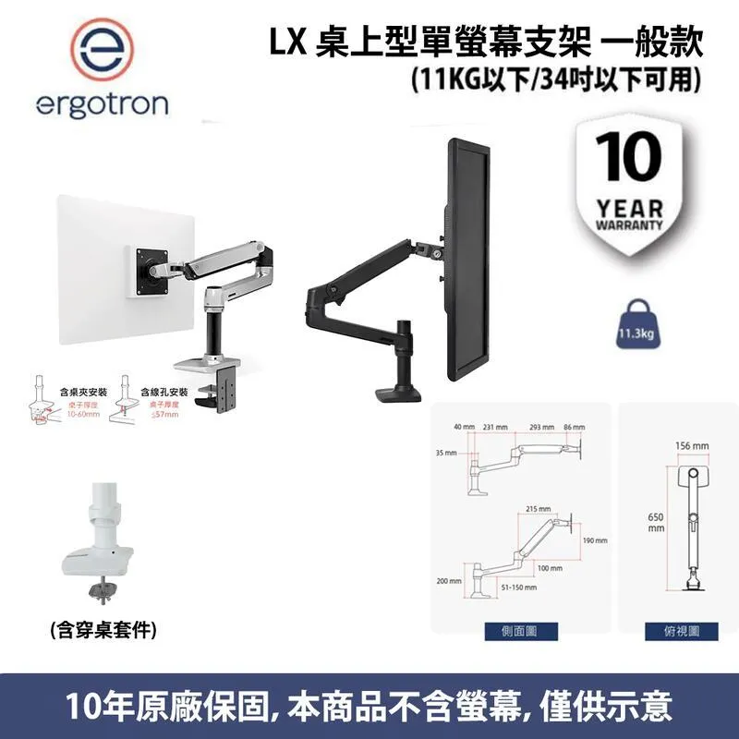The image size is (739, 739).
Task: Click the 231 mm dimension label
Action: [502, 428]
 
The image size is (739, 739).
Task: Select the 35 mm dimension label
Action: [449, 454]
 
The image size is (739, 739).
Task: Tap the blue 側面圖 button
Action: [517, 631]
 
